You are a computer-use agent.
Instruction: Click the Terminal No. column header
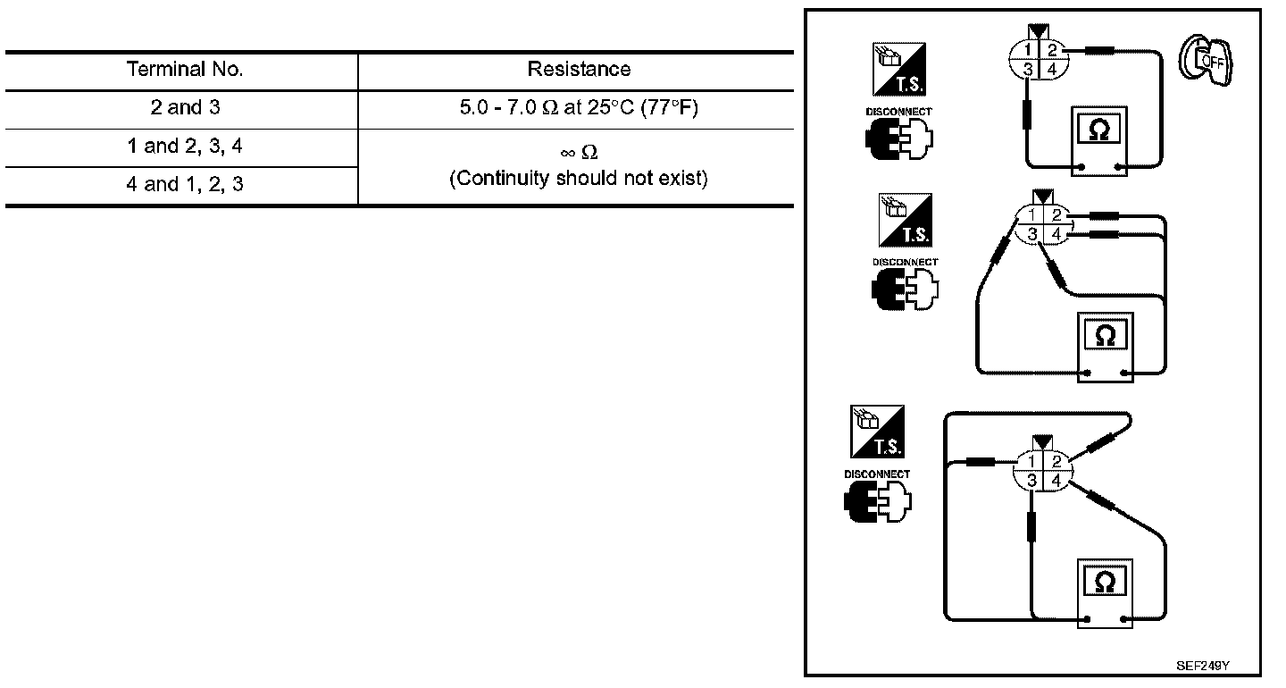(x=185, y=70)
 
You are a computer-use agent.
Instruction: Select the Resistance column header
(x=579, y=70)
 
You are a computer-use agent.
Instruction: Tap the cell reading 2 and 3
(x=185, y=108)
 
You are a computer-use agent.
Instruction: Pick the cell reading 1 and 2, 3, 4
(x=185, y=147)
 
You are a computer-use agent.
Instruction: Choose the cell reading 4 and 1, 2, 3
(x=185, y=185)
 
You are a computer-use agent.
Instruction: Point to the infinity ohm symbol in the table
(x=579, y=153)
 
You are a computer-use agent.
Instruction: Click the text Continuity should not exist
(x=579, y=179)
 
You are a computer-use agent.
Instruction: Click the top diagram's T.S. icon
(x=899, y=69)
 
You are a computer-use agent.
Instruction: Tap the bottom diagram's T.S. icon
(x=878, y=432)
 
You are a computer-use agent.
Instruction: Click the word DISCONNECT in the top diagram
(x=899, y=112)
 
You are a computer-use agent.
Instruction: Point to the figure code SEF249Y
(x=1203, y=666)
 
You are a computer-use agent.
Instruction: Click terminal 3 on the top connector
(x=1029, y=69)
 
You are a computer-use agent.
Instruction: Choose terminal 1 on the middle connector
(x=1031, y=215)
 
